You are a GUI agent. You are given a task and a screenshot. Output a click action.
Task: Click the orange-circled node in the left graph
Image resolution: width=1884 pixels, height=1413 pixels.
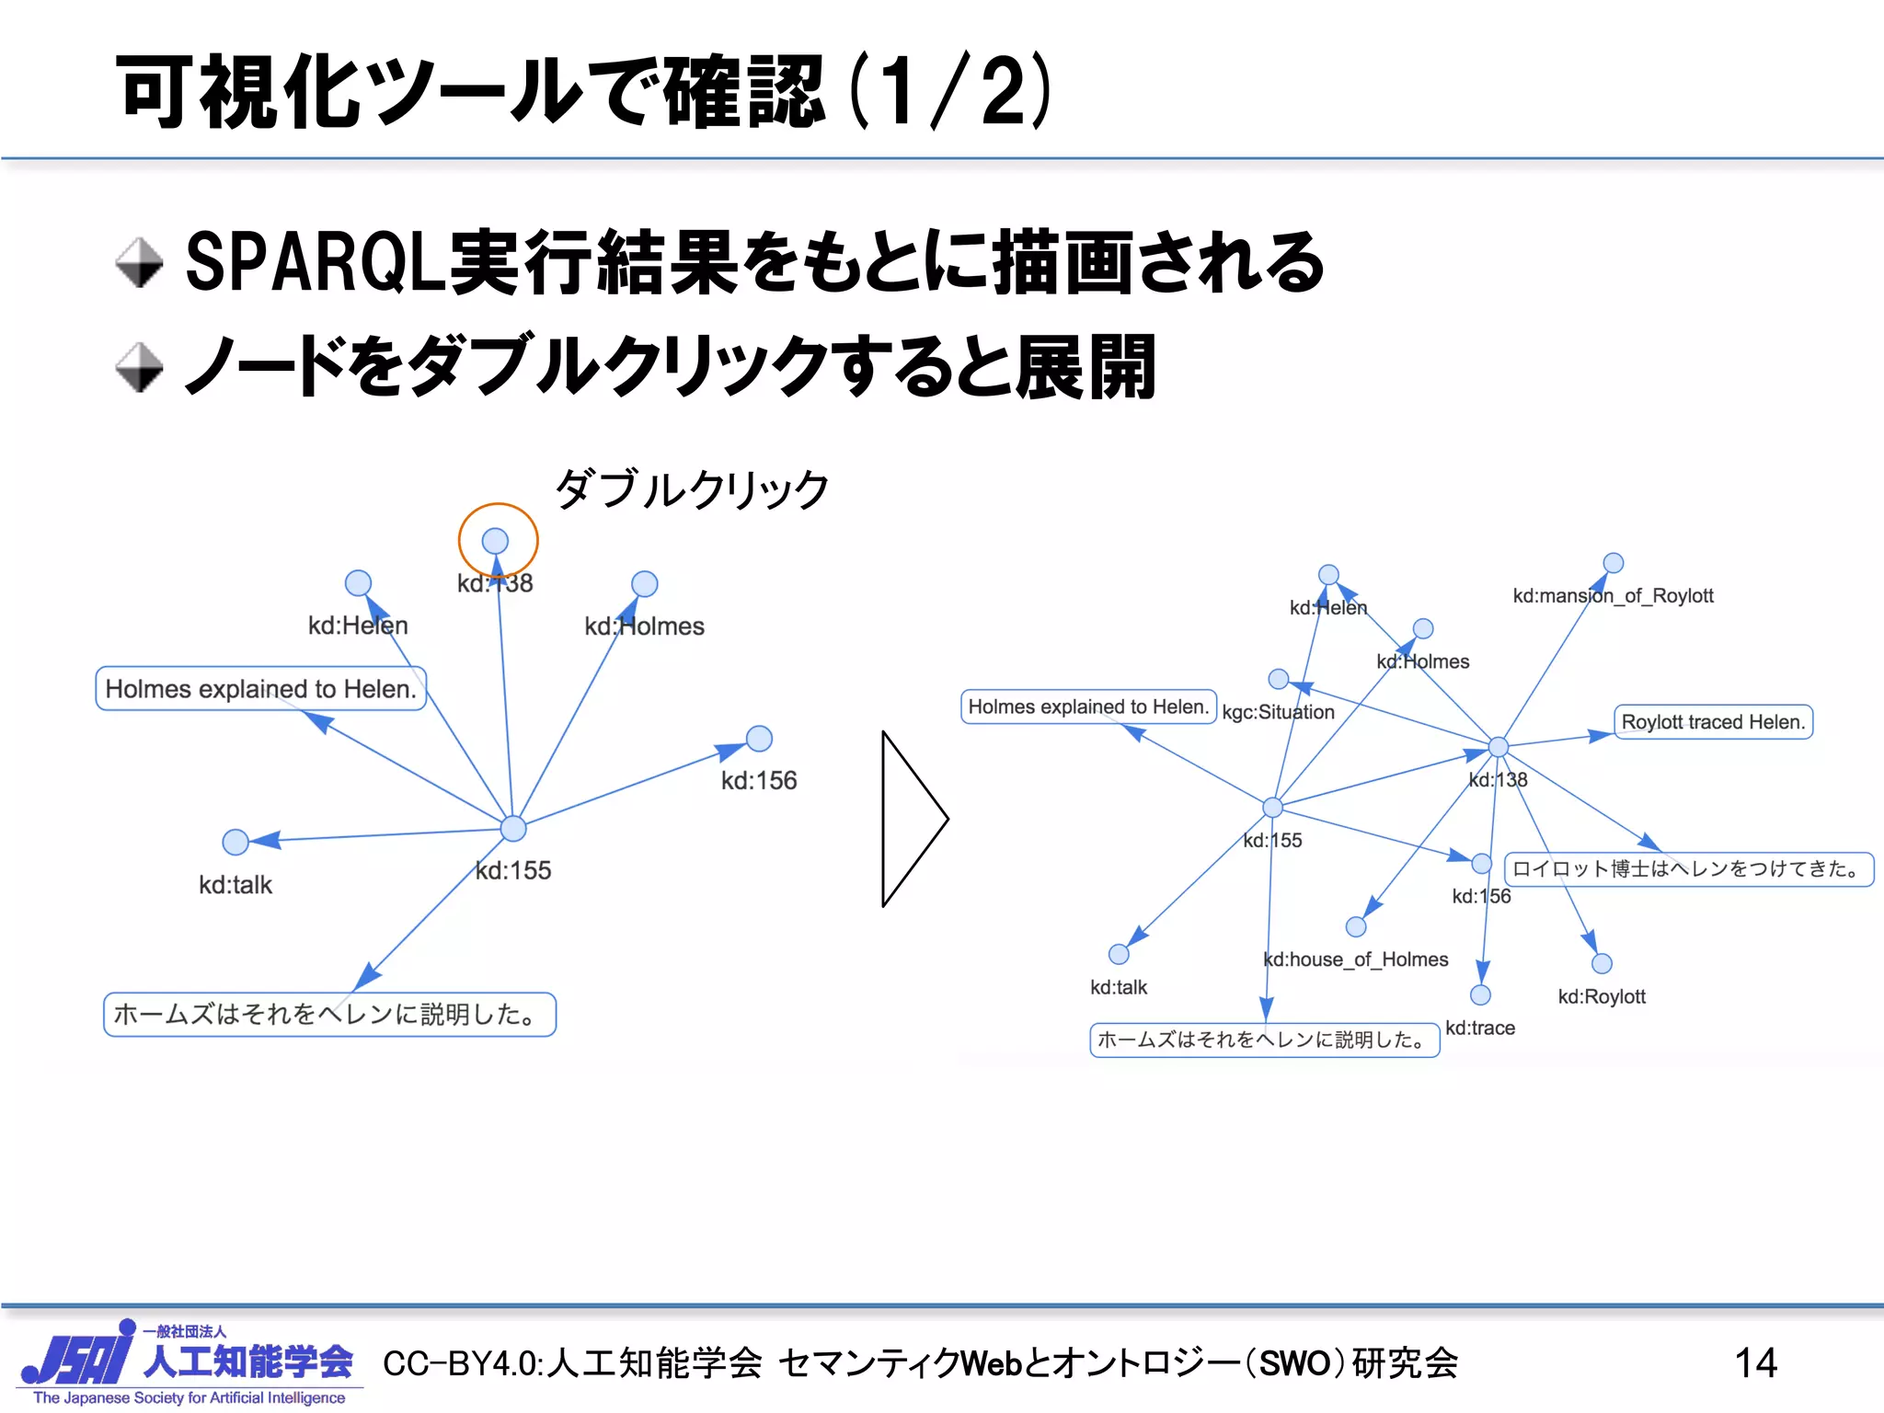click(x=496, y=541)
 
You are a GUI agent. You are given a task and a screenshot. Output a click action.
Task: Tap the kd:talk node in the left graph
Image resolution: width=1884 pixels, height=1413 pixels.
click(x=235, y=841)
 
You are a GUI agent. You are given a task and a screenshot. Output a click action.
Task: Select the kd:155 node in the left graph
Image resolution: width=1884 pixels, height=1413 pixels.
click(x=513, y=828)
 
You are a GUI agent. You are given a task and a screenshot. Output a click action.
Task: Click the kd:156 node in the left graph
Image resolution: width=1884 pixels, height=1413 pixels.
click(x=759, y=738)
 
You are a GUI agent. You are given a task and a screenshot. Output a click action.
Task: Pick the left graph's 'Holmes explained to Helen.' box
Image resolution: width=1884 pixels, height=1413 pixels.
click(x=260, y=688)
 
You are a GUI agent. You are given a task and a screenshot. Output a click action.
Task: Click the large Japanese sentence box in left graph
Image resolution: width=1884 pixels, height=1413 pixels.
click(x=329, y=1014)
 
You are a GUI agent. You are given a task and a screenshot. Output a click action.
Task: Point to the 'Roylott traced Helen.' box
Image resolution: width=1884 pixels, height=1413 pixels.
click(x=1713, y=722)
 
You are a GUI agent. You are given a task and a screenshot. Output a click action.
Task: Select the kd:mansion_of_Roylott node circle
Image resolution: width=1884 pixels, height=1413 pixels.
click(x=1614, y=563)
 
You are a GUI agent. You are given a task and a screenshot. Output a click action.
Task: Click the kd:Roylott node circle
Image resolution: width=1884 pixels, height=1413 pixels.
click(x=1602, y=963)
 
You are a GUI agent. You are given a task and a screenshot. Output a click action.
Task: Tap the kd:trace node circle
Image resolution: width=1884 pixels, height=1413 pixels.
click(x=1480, y=994)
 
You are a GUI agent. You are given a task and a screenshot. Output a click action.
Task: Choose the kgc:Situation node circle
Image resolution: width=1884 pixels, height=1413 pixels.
click(x=1278, y=679)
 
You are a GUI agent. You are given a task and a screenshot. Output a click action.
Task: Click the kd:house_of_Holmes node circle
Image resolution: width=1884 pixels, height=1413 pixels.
click(x=1356, y=926)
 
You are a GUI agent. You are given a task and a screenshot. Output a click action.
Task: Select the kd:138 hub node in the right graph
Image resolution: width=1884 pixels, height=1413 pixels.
click(x=1499, y=747)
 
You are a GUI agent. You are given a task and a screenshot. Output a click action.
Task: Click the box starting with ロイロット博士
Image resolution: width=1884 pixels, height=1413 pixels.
click(x=1688, y=868)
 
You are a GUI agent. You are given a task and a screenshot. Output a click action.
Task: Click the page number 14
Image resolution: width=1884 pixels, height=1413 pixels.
click(x=1755, y=1362)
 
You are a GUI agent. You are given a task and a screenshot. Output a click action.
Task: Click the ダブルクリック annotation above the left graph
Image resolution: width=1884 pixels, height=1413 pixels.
click(x=692, y=488)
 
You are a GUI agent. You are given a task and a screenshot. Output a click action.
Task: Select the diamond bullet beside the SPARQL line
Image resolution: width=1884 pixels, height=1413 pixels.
click(x=139, y=263)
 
